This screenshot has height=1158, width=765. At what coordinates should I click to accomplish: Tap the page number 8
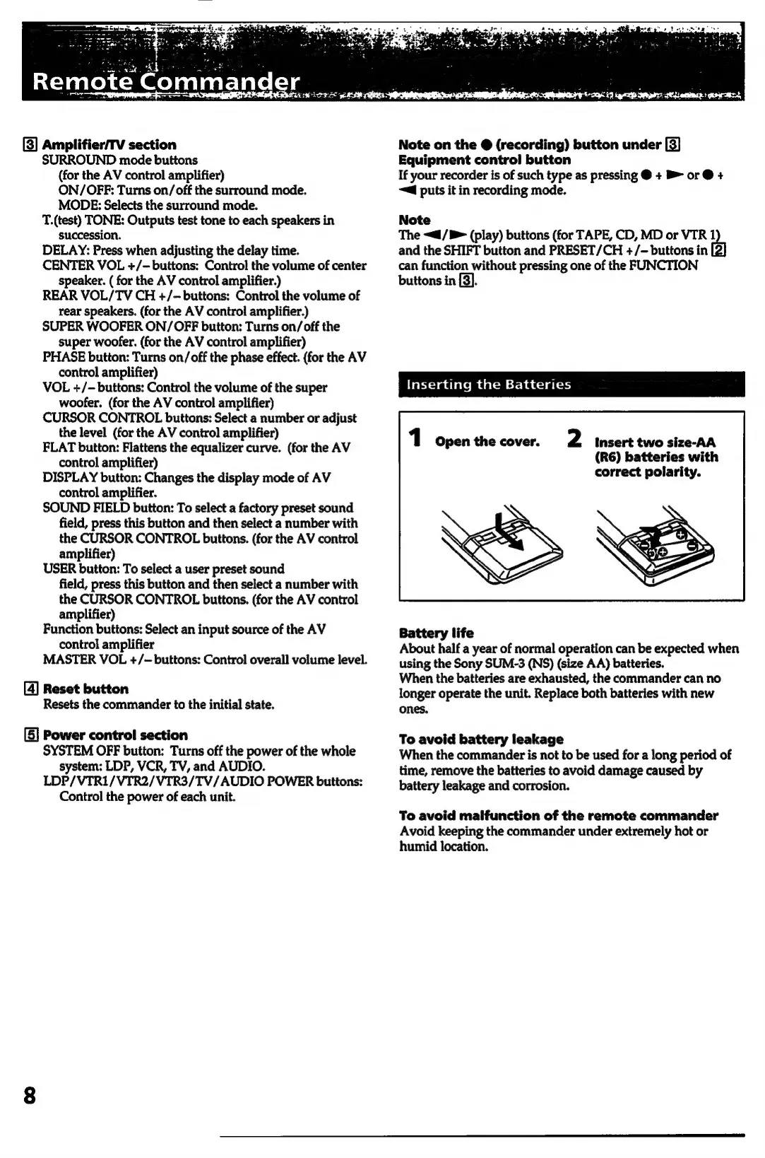(29, 1095)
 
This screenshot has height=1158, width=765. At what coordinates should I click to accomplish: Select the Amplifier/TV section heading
(109, 145)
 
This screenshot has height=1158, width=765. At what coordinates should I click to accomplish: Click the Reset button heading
(85, 689)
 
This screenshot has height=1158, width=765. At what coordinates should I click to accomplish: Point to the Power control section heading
(115, 735)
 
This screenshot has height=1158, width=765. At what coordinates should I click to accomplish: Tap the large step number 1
(416, 438)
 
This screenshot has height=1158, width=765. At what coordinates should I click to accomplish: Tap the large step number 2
(574, 438)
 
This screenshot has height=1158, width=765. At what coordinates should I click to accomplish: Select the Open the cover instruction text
(487, 442)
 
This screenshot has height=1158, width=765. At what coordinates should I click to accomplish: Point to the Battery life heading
(436, 633)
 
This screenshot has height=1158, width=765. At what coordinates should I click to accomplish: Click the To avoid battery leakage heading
(481, 739)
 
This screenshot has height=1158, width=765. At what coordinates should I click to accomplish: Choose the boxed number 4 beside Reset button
(30, 689)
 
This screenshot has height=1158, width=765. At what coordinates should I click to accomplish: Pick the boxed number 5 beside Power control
(30, 735)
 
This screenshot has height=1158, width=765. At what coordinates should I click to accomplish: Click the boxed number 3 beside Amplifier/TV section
(30, 145)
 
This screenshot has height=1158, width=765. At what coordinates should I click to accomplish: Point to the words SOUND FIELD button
(86, 508)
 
